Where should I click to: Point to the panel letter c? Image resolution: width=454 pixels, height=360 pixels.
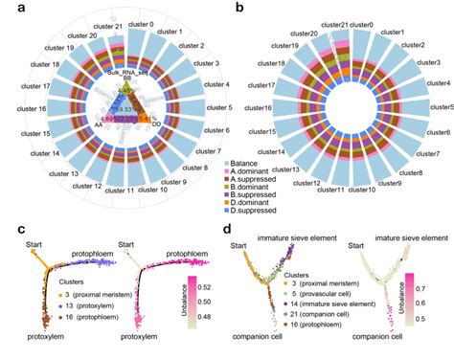[7, 230]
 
